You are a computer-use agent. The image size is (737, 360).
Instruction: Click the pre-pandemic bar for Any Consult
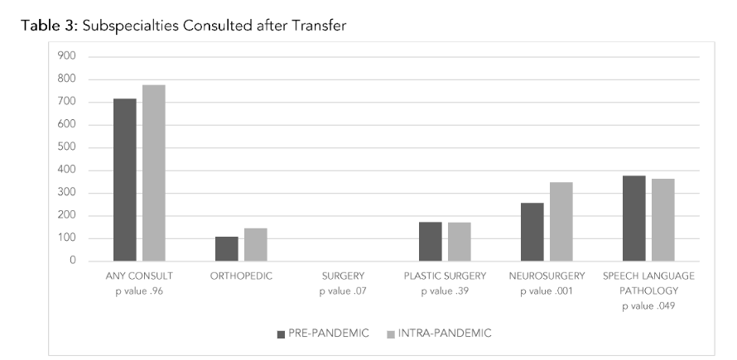[x=124, y=180]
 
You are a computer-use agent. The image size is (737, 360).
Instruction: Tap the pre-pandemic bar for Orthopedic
[x=226, y=249]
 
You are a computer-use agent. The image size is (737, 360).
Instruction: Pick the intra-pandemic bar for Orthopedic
[x=255, y=244]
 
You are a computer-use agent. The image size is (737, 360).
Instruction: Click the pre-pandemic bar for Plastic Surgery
[x=430, y=242]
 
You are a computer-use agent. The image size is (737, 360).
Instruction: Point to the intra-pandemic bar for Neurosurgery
[x=561, y=222]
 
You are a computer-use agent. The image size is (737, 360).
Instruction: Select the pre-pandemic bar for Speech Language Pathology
[x=633, y=218]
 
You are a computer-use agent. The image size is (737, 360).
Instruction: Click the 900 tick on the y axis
[x=66, y=56]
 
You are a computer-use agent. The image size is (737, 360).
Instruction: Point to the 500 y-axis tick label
[x=66, y=147]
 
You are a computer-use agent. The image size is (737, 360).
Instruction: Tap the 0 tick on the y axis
[x=72, y=261]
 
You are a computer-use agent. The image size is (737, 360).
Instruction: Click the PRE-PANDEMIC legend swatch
[x=281, y=334]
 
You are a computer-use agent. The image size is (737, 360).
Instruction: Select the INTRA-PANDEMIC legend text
[x=446, y=334]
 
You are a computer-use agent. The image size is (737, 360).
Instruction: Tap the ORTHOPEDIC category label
[x=240, y=276]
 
